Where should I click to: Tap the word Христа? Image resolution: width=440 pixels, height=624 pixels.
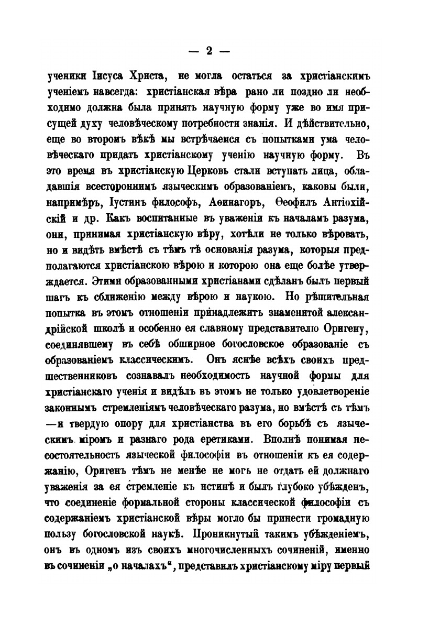click(144, 76)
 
